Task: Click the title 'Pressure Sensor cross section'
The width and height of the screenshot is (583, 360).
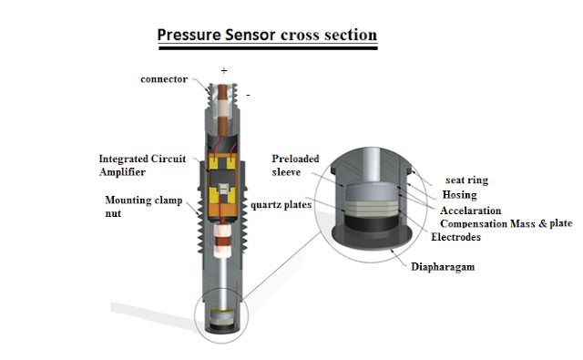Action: pos(267,35)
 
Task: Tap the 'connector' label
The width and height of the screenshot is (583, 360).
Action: pos(164,79)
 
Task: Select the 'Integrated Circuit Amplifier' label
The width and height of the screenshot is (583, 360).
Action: pos(142,165)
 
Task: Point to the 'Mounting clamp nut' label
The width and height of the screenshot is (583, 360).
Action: pos(144,206)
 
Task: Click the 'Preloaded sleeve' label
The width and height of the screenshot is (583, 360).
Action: pos(295,165)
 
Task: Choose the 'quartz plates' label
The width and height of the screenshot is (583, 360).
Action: pos(281,205)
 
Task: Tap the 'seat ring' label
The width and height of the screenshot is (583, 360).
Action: pos(466,180)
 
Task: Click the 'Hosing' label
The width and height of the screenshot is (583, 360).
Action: pos(459,195)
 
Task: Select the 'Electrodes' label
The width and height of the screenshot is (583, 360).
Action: pos(455,237)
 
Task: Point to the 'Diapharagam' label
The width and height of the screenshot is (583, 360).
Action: pos(443,267)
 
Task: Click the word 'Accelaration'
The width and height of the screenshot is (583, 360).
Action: pos(471,211)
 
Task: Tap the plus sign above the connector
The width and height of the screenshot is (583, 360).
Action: pos(224,71)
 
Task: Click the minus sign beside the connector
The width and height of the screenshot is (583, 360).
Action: pos(248,95)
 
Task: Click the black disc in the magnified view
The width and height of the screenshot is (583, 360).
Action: pos(372,221)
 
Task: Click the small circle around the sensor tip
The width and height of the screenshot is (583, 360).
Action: pos(197,316)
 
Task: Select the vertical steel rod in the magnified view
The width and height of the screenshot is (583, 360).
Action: pos(371,166)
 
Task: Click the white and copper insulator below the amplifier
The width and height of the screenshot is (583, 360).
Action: pos(223,241)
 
